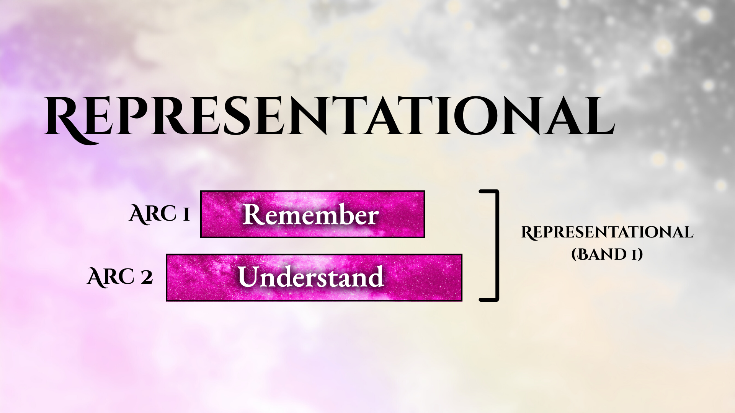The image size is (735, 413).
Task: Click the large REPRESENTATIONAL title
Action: point(329,117)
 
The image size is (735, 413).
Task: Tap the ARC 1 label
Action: point(160,214)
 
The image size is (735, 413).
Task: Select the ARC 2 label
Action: point(120,277)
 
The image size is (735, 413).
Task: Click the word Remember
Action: point(311,215)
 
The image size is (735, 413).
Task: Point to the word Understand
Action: point(310,277)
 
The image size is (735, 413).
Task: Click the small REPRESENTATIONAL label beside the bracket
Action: point(607,233)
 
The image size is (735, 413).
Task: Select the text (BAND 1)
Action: point(607,254)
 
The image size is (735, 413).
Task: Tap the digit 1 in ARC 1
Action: point(186,215)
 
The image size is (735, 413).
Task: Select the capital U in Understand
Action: point(249,276)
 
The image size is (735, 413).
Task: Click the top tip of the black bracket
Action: point(481,191)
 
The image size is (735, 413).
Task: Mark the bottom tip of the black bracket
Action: point(481,299)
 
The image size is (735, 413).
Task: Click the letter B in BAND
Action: point(585,254)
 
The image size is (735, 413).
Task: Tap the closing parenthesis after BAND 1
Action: point(640,255)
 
